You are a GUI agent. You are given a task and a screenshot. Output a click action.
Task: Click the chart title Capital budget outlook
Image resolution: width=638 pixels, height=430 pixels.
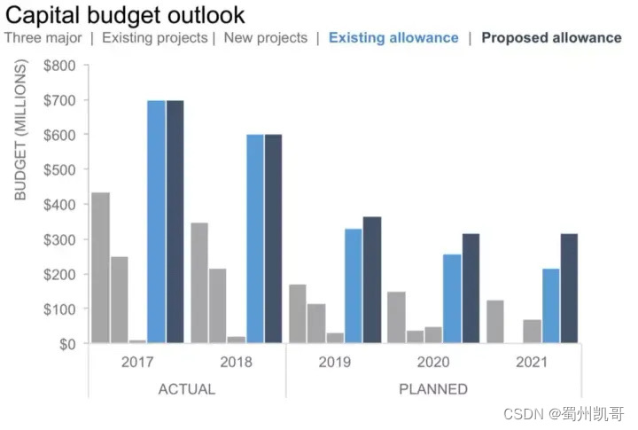pyautogui.click(x=125, y=15)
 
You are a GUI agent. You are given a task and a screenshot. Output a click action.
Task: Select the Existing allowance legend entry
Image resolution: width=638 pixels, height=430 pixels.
pyautogui.click(x=393, y=38)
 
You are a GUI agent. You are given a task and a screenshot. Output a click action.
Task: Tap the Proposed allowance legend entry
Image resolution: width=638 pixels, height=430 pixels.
pyautogui.click(x=551, y=38)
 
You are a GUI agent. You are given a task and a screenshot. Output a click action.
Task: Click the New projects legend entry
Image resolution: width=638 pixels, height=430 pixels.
pyautogui.click(x=265, y=38)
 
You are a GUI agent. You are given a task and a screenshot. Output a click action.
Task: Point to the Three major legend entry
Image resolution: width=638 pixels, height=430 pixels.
pyautogui.click(x=43, y=38)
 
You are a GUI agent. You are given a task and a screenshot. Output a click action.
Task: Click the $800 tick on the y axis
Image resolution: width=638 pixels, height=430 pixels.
pyautogui.click(x=60, y=65)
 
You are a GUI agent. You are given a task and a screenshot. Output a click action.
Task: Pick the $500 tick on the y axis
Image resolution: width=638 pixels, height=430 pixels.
pyautogui.click(x=60, y=169)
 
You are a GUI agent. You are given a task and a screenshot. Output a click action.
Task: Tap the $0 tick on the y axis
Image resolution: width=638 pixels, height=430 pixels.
pyautogui.click(x=67, y=344)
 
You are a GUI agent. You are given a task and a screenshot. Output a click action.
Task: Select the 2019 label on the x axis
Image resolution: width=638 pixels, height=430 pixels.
pyautogui.click(x=334, y=362)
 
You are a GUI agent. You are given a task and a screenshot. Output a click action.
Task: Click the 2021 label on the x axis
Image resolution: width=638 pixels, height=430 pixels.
pyautogui.click(x=531, y=362)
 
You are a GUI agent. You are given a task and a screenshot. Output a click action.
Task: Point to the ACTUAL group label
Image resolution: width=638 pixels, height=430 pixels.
pyautogui.click(x=186, y=389)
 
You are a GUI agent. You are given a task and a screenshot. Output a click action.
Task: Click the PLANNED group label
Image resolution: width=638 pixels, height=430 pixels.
pyautogui.click(x=433, y=389)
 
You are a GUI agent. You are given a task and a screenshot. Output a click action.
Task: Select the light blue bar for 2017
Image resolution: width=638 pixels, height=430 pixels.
pyautogui.click(x=156, y=222)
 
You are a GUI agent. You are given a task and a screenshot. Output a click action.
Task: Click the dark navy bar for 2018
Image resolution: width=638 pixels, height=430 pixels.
pyautogui.click(x=273, y=238)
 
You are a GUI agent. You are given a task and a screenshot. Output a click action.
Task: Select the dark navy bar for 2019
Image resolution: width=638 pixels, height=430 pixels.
pyautogui.click(x=372, y=280)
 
